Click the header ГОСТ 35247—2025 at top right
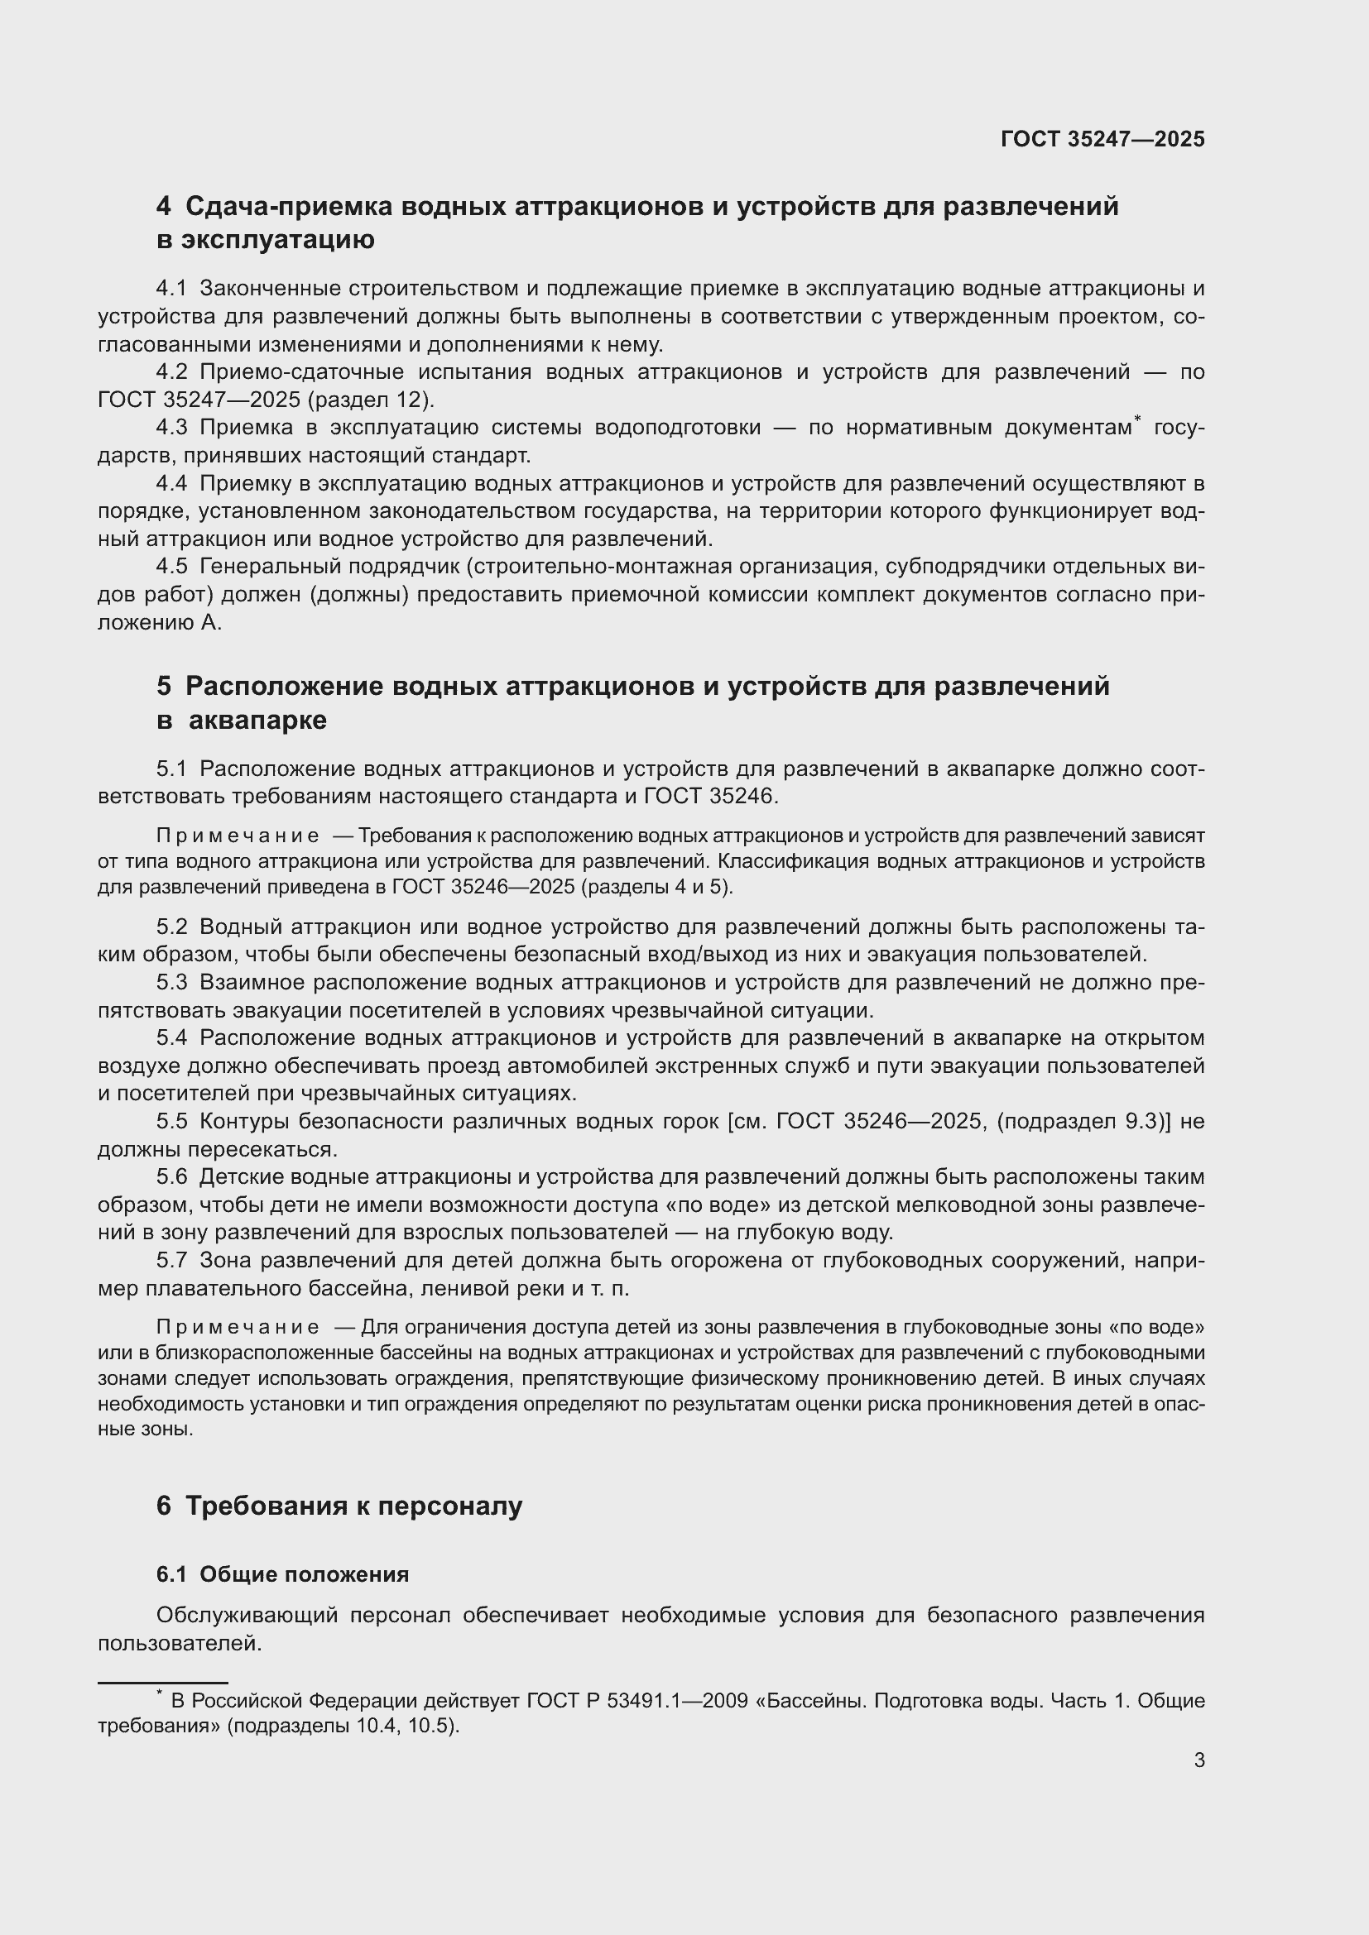coord(1102,139)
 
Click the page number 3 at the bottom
coord(1198,1760)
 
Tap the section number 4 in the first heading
coord(164,207)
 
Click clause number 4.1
coord(171,288)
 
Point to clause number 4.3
coord(171,427)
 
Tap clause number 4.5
coord(171,567)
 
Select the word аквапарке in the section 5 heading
coord(257,721)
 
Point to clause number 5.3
coord(171,982)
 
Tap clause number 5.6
coord(171,1176)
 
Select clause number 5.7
coord(171,1260)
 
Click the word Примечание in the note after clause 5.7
coord(238,1327)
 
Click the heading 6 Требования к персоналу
coord(339,1505)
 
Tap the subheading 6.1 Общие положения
coord(282,1574)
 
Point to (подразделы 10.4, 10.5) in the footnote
coord(341,1725)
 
